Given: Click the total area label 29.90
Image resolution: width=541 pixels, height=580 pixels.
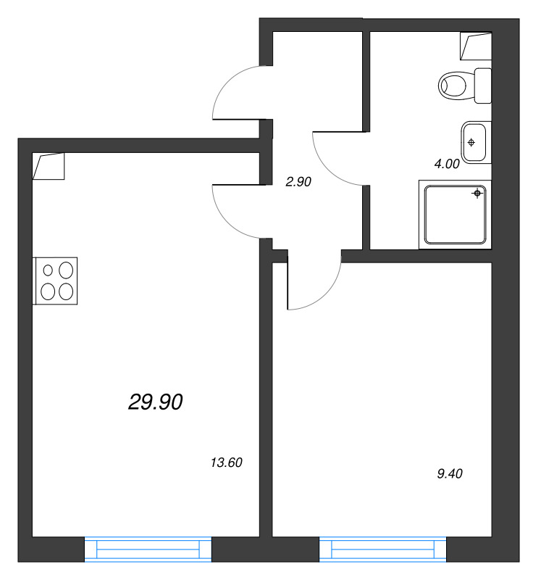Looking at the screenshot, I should point(155,401).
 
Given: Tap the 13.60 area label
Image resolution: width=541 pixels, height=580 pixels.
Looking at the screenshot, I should point(225,463).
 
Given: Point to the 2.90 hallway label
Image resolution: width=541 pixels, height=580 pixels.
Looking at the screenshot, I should point(298,183).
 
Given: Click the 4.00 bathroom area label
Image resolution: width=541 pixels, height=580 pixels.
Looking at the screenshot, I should point(446,164).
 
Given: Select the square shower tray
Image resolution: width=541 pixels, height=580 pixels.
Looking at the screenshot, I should point(455,215).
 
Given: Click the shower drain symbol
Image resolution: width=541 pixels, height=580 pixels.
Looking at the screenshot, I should point(477,193).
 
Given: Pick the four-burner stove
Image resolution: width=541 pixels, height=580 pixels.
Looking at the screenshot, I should point(56,281).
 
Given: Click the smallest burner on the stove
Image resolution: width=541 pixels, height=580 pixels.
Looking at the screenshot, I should point(49,270).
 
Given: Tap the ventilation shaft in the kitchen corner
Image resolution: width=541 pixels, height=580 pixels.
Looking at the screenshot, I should point(49,166).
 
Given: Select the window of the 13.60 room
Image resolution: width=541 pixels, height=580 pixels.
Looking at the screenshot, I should point(148,549).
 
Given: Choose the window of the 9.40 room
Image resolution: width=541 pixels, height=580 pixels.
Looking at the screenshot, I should point(383,549).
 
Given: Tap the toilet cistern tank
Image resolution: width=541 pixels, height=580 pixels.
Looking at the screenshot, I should point(483,86).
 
